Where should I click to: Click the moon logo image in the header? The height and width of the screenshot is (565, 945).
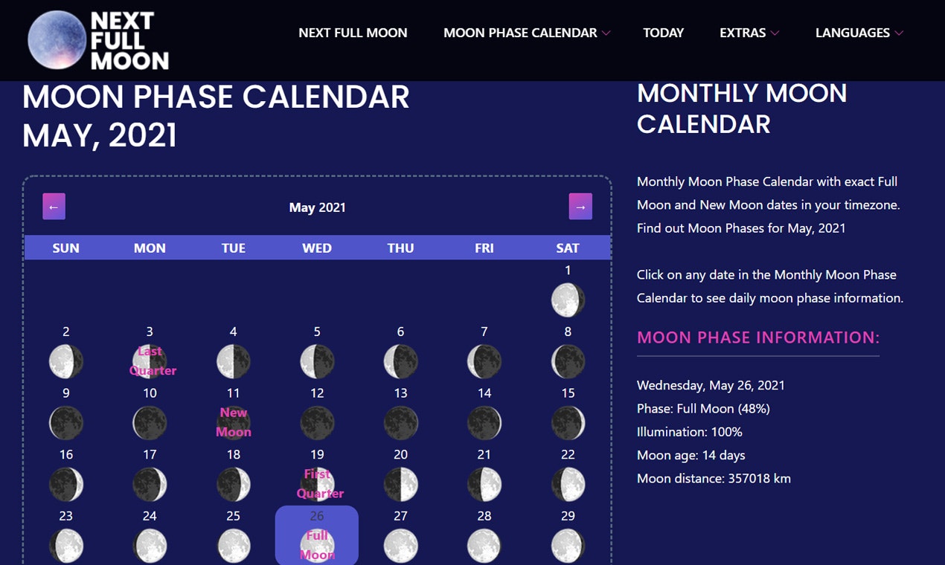[x=57, y=39]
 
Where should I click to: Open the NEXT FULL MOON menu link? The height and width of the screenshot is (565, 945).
[x=353, y=33]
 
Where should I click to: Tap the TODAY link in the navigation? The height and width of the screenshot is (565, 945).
[x=663, y=33]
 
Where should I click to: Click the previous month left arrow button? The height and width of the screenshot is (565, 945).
[x=54, y=207]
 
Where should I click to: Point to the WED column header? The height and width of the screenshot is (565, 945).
[x=317, y=248]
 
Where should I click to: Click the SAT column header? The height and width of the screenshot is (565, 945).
[x=568, y=248]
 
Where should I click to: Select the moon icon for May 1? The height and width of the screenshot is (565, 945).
[x=568, y=300]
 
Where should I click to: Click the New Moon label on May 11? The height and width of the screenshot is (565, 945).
[x=234, y=422]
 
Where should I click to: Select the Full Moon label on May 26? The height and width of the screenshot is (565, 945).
[x=317, y=545]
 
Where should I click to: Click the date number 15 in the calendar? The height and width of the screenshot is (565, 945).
[x=568, y=393]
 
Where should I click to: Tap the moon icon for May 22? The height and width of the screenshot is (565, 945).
[x=568, y=485]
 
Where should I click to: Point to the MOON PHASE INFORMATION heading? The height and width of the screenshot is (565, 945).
[x=758, y=338]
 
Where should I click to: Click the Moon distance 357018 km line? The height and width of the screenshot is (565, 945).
[x=714, y=479]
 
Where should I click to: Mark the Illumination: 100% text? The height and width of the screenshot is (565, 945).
[x=689, y=432]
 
